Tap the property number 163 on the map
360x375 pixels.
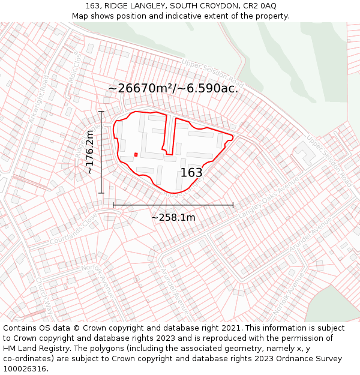tap(191, 173)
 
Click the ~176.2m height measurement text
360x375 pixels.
tap(90, 152)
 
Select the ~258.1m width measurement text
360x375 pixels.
tap(173, 217)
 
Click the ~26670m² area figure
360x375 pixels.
tap(141, 88)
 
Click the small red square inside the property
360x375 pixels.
tap(136, 154)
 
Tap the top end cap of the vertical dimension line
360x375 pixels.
tap(101, 112)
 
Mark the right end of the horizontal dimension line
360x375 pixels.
tap(233, 205)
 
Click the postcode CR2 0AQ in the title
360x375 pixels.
tap(259, 5)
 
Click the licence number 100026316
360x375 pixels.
tap(26, 369)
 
